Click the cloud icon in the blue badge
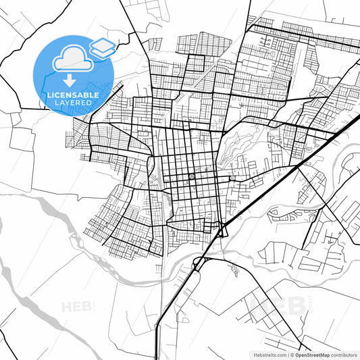70,59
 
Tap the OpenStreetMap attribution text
313,353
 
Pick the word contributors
344,353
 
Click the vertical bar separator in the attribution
287,353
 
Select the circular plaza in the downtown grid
191,176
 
